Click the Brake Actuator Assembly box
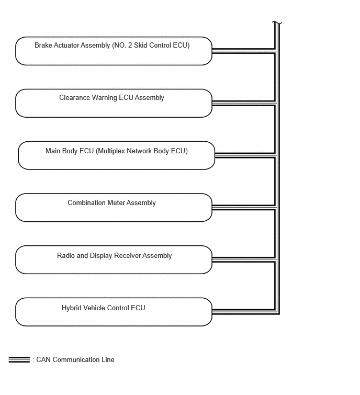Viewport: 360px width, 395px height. (x=114, y=51)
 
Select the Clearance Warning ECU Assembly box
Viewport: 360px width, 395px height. (x=114, y=103)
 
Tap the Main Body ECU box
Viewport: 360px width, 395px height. (x=116, y=155)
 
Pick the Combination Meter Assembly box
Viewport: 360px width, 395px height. (x=114, y=208)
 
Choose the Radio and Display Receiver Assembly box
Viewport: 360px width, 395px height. (x=114, y=259)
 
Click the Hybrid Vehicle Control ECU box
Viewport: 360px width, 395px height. (x=114, y=312)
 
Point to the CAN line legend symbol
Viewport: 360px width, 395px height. (x=19, y=360)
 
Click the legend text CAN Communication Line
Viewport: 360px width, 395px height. (x=75, y=360)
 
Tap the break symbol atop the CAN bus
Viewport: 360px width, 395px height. (x=277, y=23)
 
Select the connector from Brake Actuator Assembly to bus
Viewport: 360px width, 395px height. (x=244, y=51)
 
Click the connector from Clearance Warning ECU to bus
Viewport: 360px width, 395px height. (x=244, y=103)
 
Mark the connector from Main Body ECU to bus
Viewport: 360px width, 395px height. (x=245, y=155)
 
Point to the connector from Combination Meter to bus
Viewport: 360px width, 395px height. (x=244, y=208)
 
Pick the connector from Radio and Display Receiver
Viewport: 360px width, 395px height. (x=244, y=259)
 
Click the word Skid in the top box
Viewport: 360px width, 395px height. (x=140, y=45)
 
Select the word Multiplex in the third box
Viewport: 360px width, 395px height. (x=111, y=151)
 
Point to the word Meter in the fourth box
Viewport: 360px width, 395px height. (x=116, y=203)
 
